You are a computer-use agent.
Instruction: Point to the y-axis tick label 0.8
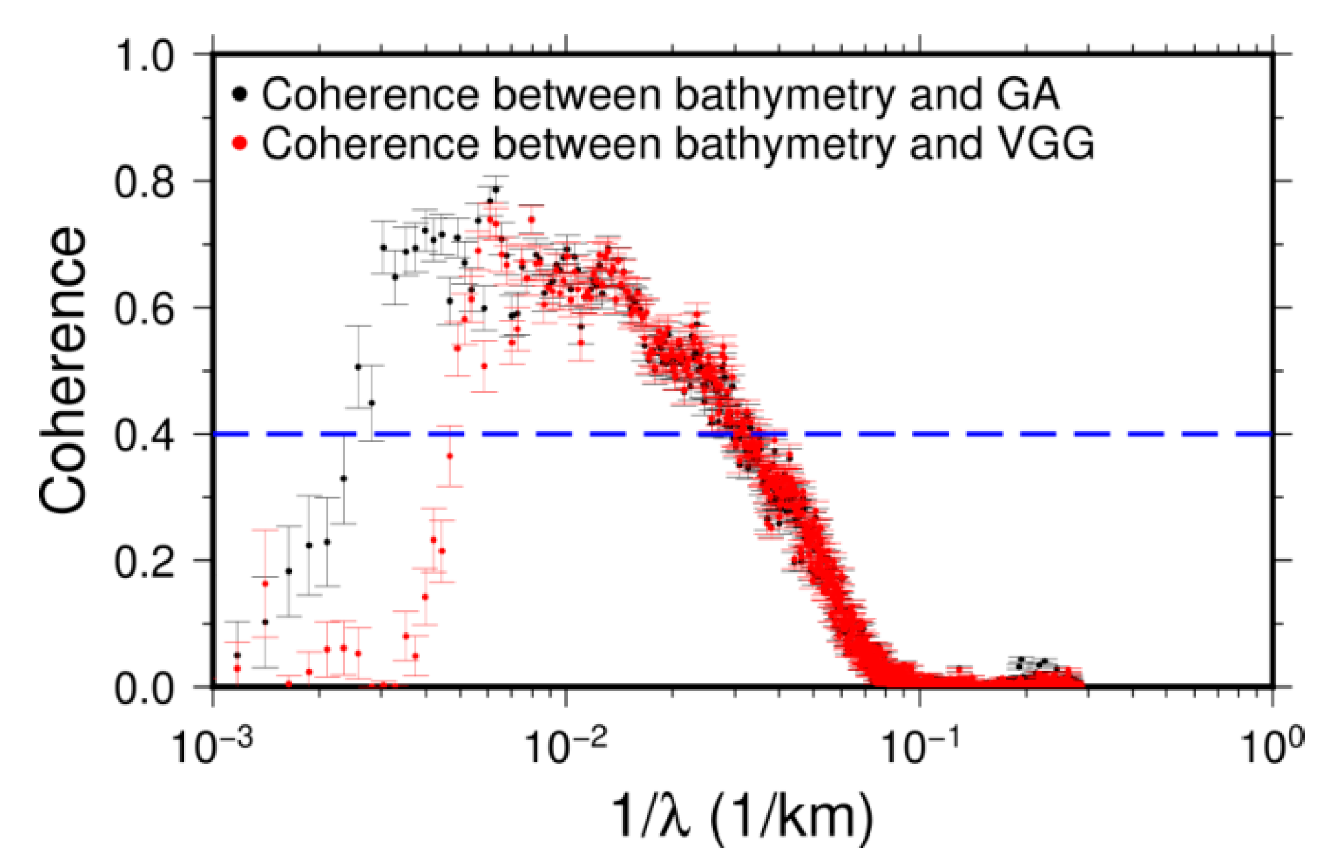point(144,182)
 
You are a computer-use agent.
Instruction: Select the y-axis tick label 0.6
point(144,308)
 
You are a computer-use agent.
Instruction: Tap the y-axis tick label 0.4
point(144,435)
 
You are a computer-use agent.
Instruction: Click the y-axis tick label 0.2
point(144,561)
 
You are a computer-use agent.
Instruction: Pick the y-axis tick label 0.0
point(144,688)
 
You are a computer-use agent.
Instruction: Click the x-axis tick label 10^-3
point(213,746)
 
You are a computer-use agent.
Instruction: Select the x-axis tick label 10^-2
point(566,746)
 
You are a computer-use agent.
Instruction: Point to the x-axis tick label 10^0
point(1272,746)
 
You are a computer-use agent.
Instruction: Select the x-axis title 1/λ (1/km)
point(743,816)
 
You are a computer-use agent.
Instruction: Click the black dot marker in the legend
point(239,94)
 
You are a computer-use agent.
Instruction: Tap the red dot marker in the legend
point(239,143)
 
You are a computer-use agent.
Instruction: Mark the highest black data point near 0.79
point(495,189)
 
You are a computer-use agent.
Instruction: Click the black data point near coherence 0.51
point(358,366)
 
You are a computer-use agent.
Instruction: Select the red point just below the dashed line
point(450,456)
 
